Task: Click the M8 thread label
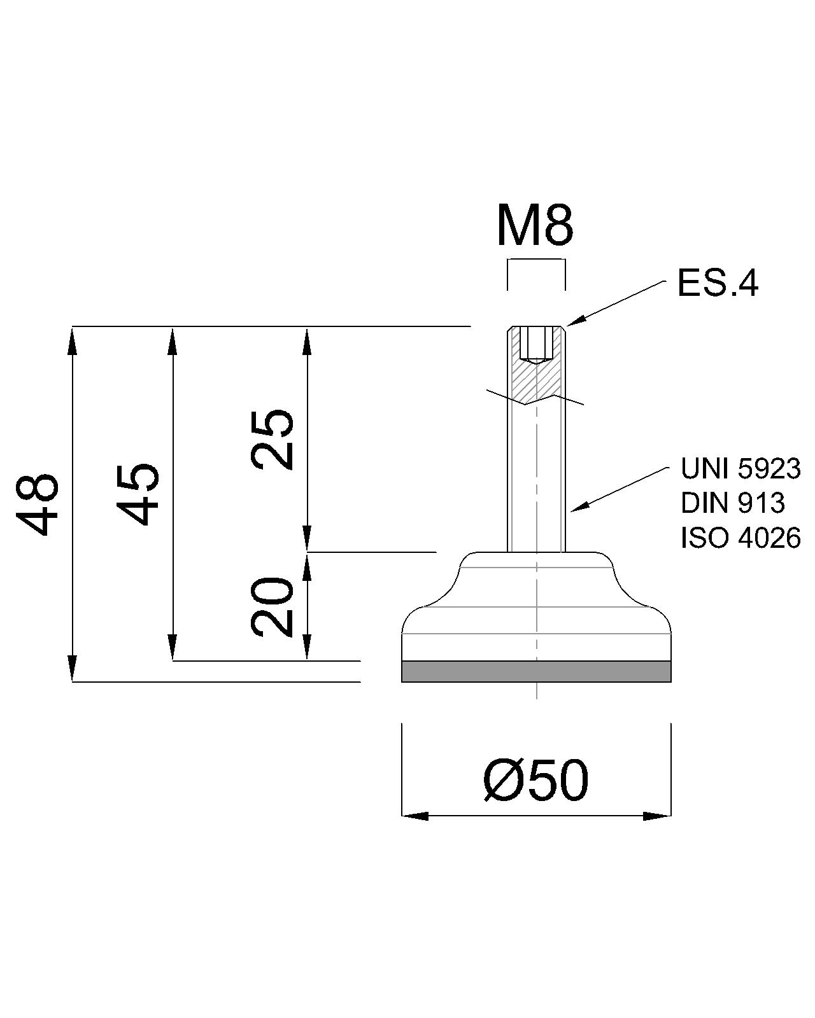coord(535,227)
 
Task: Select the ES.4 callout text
coord(718,283)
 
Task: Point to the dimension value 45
coord(138,494)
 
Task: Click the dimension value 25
coord(273,438)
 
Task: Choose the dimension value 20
coord(273,607)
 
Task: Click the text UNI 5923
coord(740,469)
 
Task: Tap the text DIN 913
coord(732,503)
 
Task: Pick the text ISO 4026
coord(740,538)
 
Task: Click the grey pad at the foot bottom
coord(536,671)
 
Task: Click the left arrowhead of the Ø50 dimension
coord(414,816)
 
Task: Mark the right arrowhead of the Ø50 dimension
coord(658,816)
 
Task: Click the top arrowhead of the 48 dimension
coord(72,340)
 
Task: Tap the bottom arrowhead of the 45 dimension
coord(173,648)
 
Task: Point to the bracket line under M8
coord(536,260)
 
